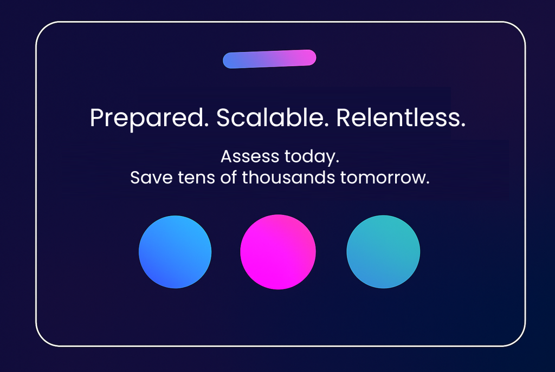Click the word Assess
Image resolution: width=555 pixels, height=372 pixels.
[250, 158]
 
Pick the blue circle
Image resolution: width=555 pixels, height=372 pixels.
[175, 252]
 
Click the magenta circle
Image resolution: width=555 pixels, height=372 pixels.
[277, 252]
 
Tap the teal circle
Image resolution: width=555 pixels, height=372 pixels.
[383, 252]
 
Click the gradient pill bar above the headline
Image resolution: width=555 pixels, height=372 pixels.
[269, 59]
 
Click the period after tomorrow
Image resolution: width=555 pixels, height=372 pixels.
[427, 183]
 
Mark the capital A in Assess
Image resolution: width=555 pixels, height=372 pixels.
[226, 158]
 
